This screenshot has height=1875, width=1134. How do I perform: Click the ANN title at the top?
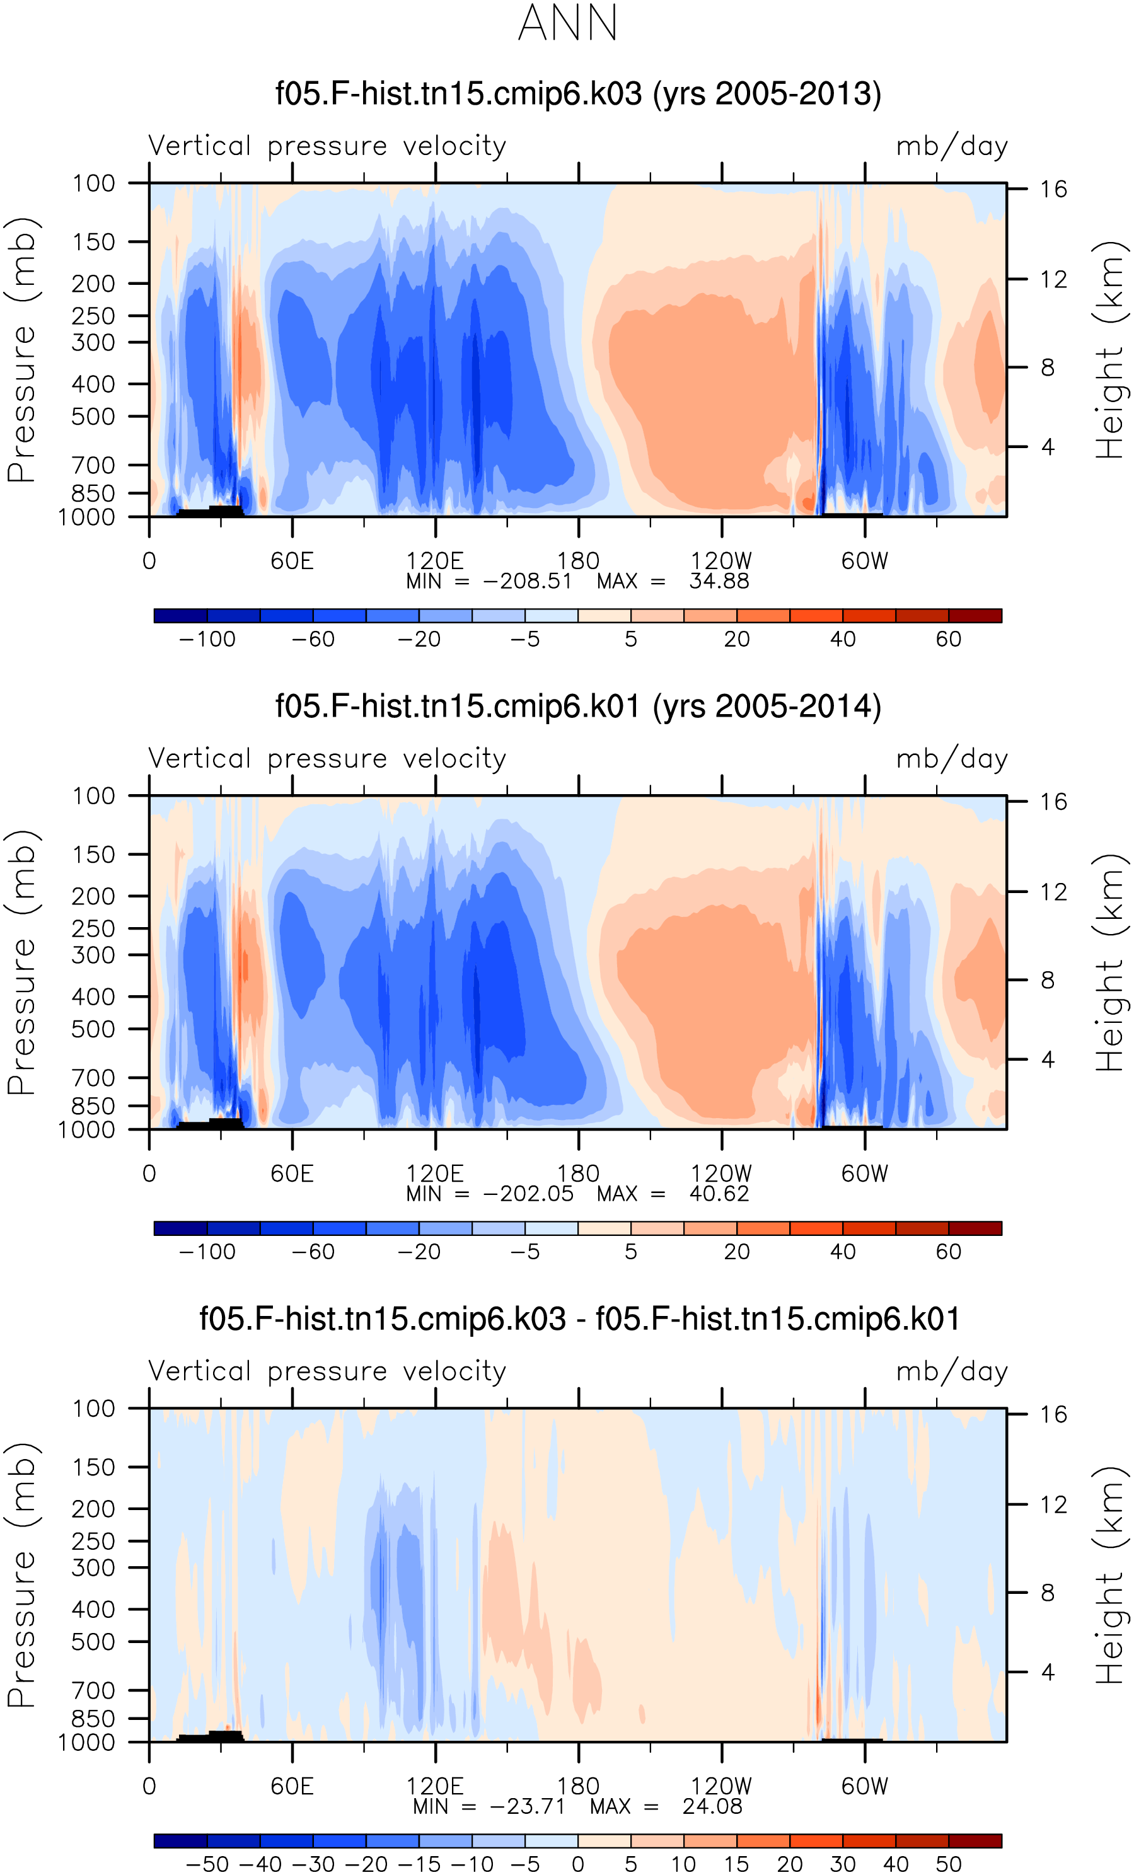[x=568, y=23]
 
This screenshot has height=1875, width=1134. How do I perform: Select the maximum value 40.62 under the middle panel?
[x=719, y=1194]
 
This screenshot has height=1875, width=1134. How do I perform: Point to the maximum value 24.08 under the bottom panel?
[x=712, y=1806]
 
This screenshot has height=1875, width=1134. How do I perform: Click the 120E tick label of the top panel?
[x=434, y=561]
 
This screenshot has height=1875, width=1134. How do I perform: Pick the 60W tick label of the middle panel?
[x=865, y=1174]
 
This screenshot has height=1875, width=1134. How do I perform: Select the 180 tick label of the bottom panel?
[x=579, y=1786]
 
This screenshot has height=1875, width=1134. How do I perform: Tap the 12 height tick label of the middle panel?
[x=1053, y=892]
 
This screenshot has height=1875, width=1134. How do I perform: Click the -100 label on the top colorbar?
[x=207, y=639]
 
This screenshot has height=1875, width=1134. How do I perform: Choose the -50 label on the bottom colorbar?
[x=207, y=1864]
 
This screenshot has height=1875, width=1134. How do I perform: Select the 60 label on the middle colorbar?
[x=948, y=1252]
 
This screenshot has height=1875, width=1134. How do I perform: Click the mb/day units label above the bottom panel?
[x=952, y=1371]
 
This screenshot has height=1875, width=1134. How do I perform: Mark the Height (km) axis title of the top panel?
[x=1109, y=350]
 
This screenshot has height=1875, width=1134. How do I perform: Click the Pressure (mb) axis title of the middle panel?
[x=21, y=962]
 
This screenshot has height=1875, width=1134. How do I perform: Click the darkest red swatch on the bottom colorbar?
[x=975, y=1841]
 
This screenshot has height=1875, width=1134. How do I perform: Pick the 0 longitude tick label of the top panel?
[x=149, y=561]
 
